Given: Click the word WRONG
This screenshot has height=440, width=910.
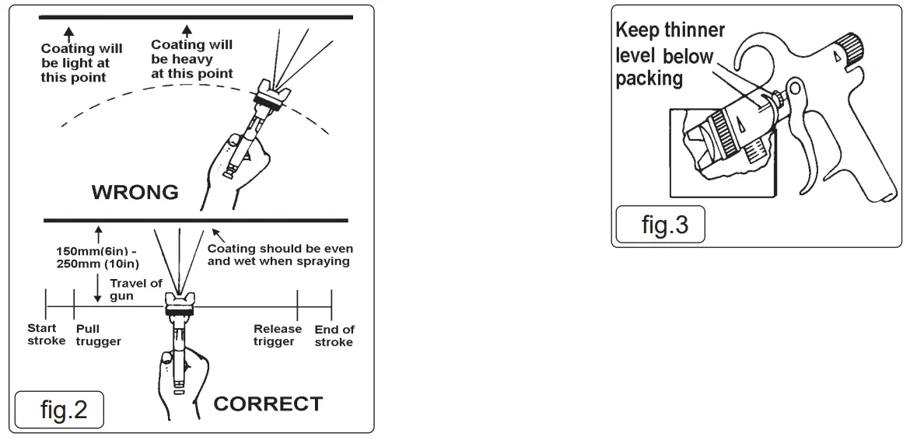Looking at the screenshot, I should click(135, 190).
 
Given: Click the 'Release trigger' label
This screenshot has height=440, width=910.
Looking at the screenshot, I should click(278, 336).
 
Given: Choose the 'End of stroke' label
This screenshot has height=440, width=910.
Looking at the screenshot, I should click(334, 336).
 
